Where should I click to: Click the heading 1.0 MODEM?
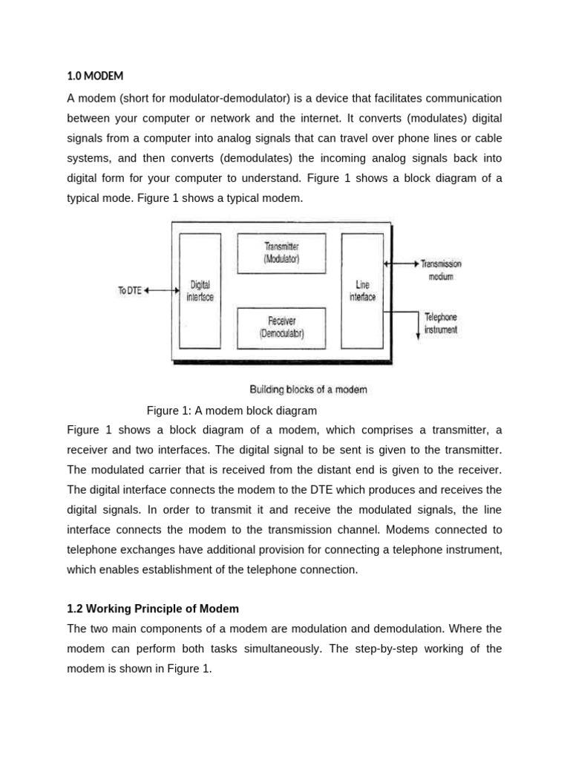pyautogui.click(x=95, y=75)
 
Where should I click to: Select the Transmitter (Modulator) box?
pyautogui.click(x=281, y=253)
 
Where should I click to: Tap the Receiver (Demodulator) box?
pyautogui.click(x=281, y=327)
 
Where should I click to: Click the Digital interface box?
pyautogui.click(x=200, y=290)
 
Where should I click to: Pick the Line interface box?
pyautogui.click(x=362, y=290)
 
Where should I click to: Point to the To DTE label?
pyautogui.click(x=129, y=291)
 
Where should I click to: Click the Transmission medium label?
pyautogui.click(x=441, y=270)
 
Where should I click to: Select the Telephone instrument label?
pyautogui.click(x=441, y=323)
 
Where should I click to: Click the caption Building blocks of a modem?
pyautogui.click(x=308, y=389)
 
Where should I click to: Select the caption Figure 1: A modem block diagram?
pyautogui.click(x=232, y=410)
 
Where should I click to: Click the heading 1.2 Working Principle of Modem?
pyautogui.click(x=153, y=609)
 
